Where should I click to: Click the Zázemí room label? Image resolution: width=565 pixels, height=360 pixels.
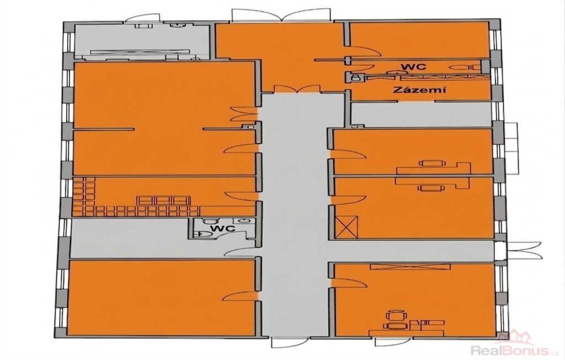pos(419,89)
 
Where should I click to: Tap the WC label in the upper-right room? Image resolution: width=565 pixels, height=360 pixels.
pos(414,66)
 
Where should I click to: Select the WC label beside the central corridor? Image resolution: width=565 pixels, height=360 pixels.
pos(223,229)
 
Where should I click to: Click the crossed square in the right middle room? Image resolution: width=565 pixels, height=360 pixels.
pos(347,227)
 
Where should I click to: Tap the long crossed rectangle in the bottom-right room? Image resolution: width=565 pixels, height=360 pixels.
pos(410,267)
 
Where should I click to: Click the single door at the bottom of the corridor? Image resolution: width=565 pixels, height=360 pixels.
pos(289,343)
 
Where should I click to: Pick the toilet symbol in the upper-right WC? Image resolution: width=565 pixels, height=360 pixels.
pos(462,67)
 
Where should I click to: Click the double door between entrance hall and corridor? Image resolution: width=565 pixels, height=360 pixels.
pos(297,89)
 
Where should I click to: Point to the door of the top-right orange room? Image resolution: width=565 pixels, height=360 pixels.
pos(365,51)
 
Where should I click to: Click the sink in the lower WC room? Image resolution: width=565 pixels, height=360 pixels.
pos(245,220)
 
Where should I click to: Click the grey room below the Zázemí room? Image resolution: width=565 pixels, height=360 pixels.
pos(422,115)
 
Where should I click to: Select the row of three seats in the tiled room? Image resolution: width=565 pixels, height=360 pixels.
pos(163,200)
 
